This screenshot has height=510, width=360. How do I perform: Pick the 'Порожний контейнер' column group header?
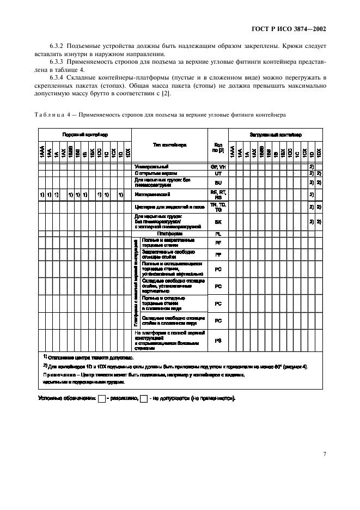coord(84,135)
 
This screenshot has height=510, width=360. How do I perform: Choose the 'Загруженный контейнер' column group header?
coord(276,135)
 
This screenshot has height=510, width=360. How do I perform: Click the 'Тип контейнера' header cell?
coord(169,145)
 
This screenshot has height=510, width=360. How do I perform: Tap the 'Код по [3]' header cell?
coord(218,148)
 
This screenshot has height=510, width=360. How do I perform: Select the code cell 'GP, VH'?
coord(218,166)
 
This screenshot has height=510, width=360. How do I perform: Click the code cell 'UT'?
coord(218,173)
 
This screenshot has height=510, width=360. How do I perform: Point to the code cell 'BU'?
coord(218,182)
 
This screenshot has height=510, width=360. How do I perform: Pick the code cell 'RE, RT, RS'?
coord(218,194)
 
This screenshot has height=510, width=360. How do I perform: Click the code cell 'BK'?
coord(218,222)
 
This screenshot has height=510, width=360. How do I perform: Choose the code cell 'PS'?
coord(218,340)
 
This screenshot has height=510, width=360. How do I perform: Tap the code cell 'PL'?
coord(218,233)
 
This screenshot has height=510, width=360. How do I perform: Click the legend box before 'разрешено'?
coord(101,399)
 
